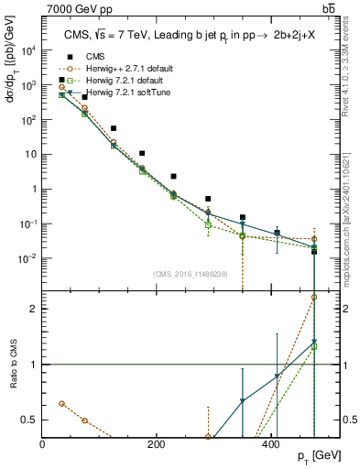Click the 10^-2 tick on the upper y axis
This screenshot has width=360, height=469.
tap(30, 258)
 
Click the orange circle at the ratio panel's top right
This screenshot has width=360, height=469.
tap(314, 297)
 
